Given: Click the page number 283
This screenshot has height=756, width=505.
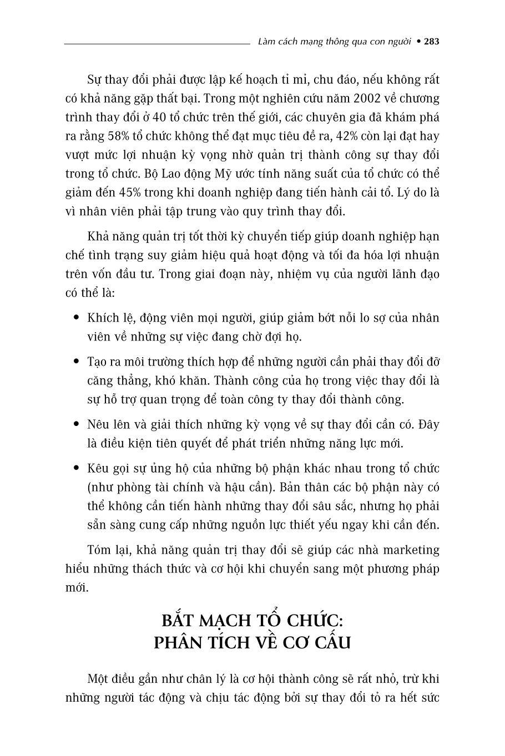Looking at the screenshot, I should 431,42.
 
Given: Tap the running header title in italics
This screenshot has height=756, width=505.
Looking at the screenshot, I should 335,42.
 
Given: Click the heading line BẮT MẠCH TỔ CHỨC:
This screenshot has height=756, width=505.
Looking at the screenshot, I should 252,620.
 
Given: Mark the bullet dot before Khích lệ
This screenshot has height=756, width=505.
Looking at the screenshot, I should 77,318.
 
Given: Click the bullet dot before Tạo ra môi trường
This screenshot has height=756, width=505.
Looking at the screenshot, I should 77,362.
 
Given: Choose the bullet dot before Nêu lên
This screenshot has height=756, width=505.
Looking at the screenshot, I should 77,425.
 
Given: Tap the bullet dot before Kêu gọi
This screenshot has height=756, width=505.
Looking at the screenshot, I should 77,469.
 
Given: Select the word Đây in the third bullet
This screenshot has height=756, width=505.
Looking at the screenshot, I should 428,425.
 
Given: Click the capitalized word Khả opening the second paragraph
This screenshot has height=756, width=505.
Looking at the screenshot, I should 99,237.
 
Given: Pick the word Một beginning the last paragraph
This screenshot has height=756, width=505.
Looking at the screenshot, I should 99,679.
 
